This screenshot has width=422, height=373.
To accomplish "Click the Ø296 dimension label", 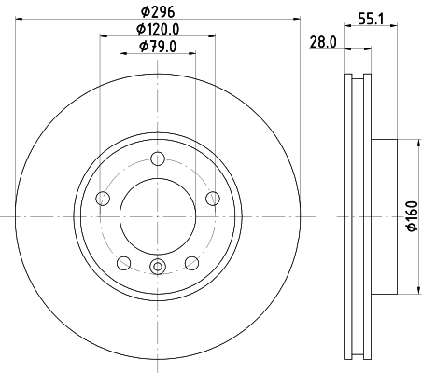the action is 158,12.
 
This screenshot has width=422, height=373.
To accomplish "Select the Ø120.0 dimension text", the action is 158,29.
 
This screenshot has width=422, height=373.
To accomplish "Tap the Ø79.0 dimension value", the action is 158,47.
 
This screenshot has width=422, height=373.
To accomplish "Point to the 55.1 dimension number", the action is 371,20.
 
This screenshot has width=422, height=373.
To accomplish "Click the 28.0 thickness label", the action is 323,42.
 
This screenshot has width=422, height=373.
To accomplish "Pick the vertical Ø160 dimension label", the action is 413,216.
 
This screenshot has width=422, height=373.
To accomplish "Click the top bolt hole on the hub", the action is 158,159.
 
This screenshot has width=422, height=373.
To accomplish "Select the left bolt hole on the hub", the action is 103,199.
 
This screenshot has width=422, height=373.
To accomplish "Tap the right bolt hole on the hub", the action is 213,199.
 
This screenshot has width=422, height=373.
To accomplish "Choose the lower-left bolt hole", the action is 123,263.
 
